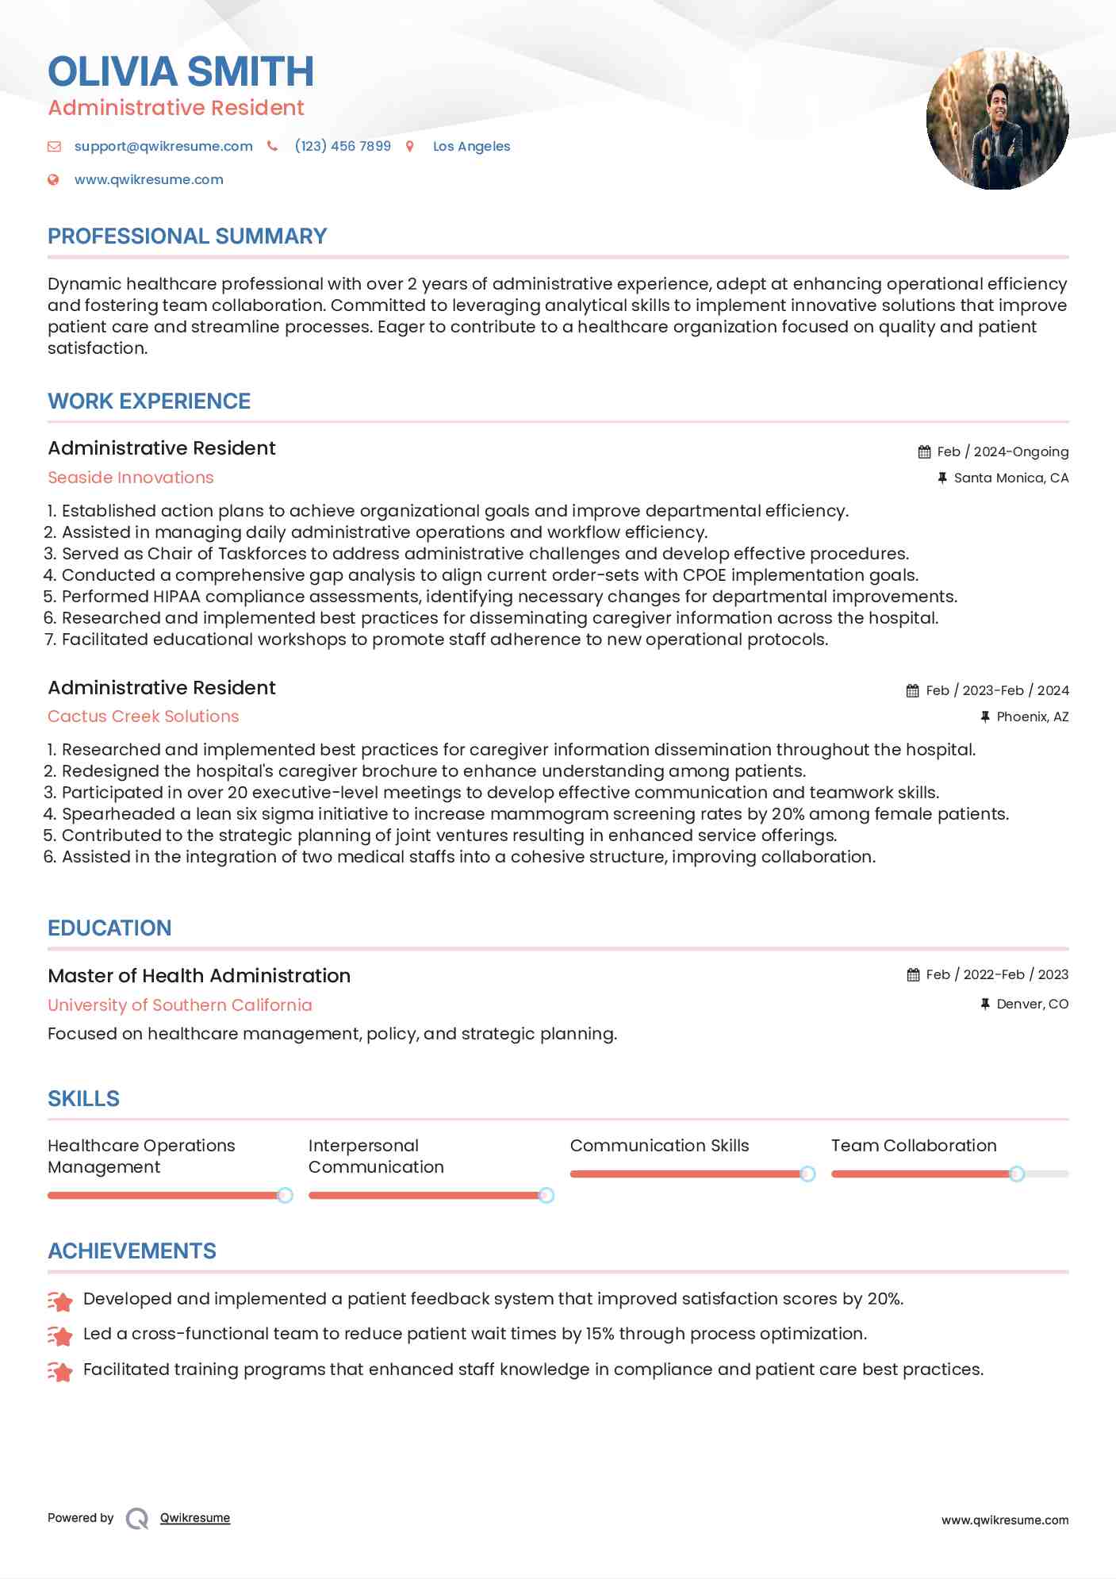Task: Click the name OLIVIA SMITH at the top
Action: point(181,71)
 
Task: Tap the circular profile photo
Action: point(997,119)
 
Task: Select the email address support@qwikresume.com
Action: point(163,146)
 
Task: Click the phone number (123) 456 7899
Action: point(343,146)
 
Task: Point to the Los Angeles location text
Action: point(471,146)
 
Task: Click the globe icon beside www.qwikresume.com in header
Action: point(53,179)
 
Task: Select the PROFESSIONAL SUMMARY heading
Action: point(187,236)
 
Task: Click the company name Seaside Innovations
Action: point(131,478)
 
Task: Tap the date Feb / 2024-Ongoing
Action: point(1002,451)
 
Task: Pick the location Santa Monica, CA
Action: point(1011,478)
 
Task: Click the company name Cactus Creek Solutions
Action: point(143,717)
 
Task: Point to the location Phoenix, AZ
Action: point(1032,717)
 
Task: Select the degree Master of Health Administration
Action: point(199,976)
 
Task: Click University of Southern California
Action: point(180,1005)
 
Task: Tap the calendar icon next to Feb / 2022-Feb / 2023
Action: point(913,974)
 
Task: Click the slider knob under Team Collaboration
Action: point(1016,1174)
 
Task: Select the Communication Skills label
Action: point(659,1146)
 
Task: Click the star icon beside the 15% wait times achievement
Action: point(60,1335)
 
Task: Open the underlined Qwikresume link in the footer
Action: point(195,1518)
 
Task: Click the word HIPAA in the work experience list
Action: point(154,597)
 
